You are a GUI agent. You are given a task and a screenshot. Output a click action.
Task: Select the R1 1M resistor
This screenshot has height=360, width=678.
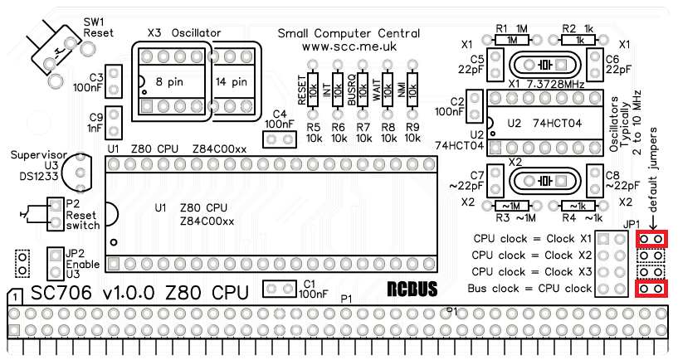click(x=516, y=39)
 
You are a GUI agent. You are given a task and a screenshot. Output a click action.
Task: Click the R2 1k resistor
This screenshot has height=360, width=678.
click(x=579, y=39)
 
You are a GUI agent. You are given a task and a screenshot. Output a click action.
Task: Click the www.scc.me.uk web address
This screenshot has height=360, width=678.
click(x=349, y=48)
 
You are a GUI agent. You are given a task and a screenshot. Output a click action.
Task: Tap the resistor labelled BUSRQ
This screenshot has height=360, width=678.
click(x=363, y=88)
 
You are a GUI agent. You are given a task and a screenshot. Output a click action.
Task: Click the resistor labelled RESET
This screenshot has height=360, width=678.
click(x=313, y=88)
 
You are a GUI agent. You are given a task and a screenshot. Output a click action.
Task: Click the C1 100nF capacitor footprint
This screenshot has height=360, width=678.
click(x=280, y=289)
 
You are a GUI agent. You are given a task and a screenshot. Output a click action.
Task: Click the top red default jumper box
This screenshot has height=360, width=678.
click(x=651, y=239)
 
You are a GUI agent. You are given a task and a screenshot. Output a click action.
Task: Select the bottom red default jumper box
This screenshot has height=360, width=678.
click(x=651, y=289)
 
